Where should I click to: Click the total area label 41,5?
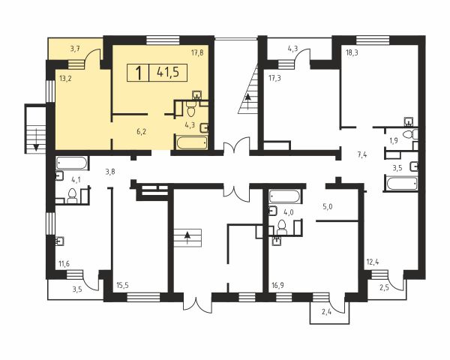[x=168, y=72]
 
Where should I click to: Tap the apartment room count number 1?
[x=139, y=73]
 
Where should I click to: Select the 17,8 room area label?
[x=197, y=52]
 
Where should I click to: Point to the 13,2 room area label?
[x=66, y=78]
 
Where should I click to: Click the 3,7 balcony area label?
[x=75, y=49]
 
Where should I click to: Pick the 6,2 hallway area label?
[x=142, y=132]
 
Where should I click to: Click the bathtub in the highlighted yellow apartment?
[x=192, y=142]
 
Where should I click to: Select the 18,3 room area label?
[x=352, y=53]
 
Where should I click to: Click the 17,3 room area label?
[x=275, y=78]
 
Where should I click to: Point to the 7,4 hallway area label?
[x=362, y=155]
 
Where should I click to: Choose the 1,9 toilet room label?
[x=394, y=141]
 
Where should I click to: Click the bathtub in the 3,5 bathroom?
[x=402, y=184]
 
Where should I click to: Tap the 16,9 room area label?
[x=277, y=286]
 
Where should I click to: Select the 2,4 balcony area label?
[x=326, y=311]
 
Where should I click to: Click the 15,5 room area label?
[x=122, y=286]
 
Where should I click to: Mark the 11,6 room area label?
[x=64, y=264]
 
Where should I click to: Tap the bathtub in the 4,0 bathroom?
[x=284, y=196]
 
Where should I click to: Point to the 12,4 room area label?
[x=373, y=262]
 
